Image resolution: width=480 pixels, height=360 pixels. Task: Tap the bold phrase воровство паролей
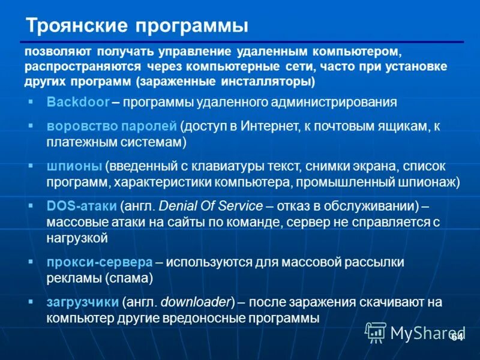click(112, 126)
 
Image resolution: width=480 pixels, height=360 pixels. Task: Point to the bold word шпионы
click(74, 166)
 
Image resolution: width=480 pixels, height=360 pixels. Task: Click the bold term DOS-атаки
click(81, 206)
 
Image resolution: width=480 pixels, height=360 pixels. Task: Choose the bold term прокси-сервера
click(99, 262)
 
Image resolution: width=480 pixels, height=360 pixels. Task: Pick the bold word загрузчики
click(83, 302)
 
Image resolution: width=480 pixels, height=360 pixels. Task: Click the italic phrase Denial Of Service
click(211, 206)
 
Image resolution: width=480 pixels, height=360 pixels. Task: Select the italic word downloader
click(201, 302)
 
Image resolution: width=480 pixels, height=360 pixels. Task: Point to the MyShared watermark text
click(427, 332)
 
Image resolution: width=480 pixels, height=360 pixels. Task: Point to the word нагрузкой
click(77, 238)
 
